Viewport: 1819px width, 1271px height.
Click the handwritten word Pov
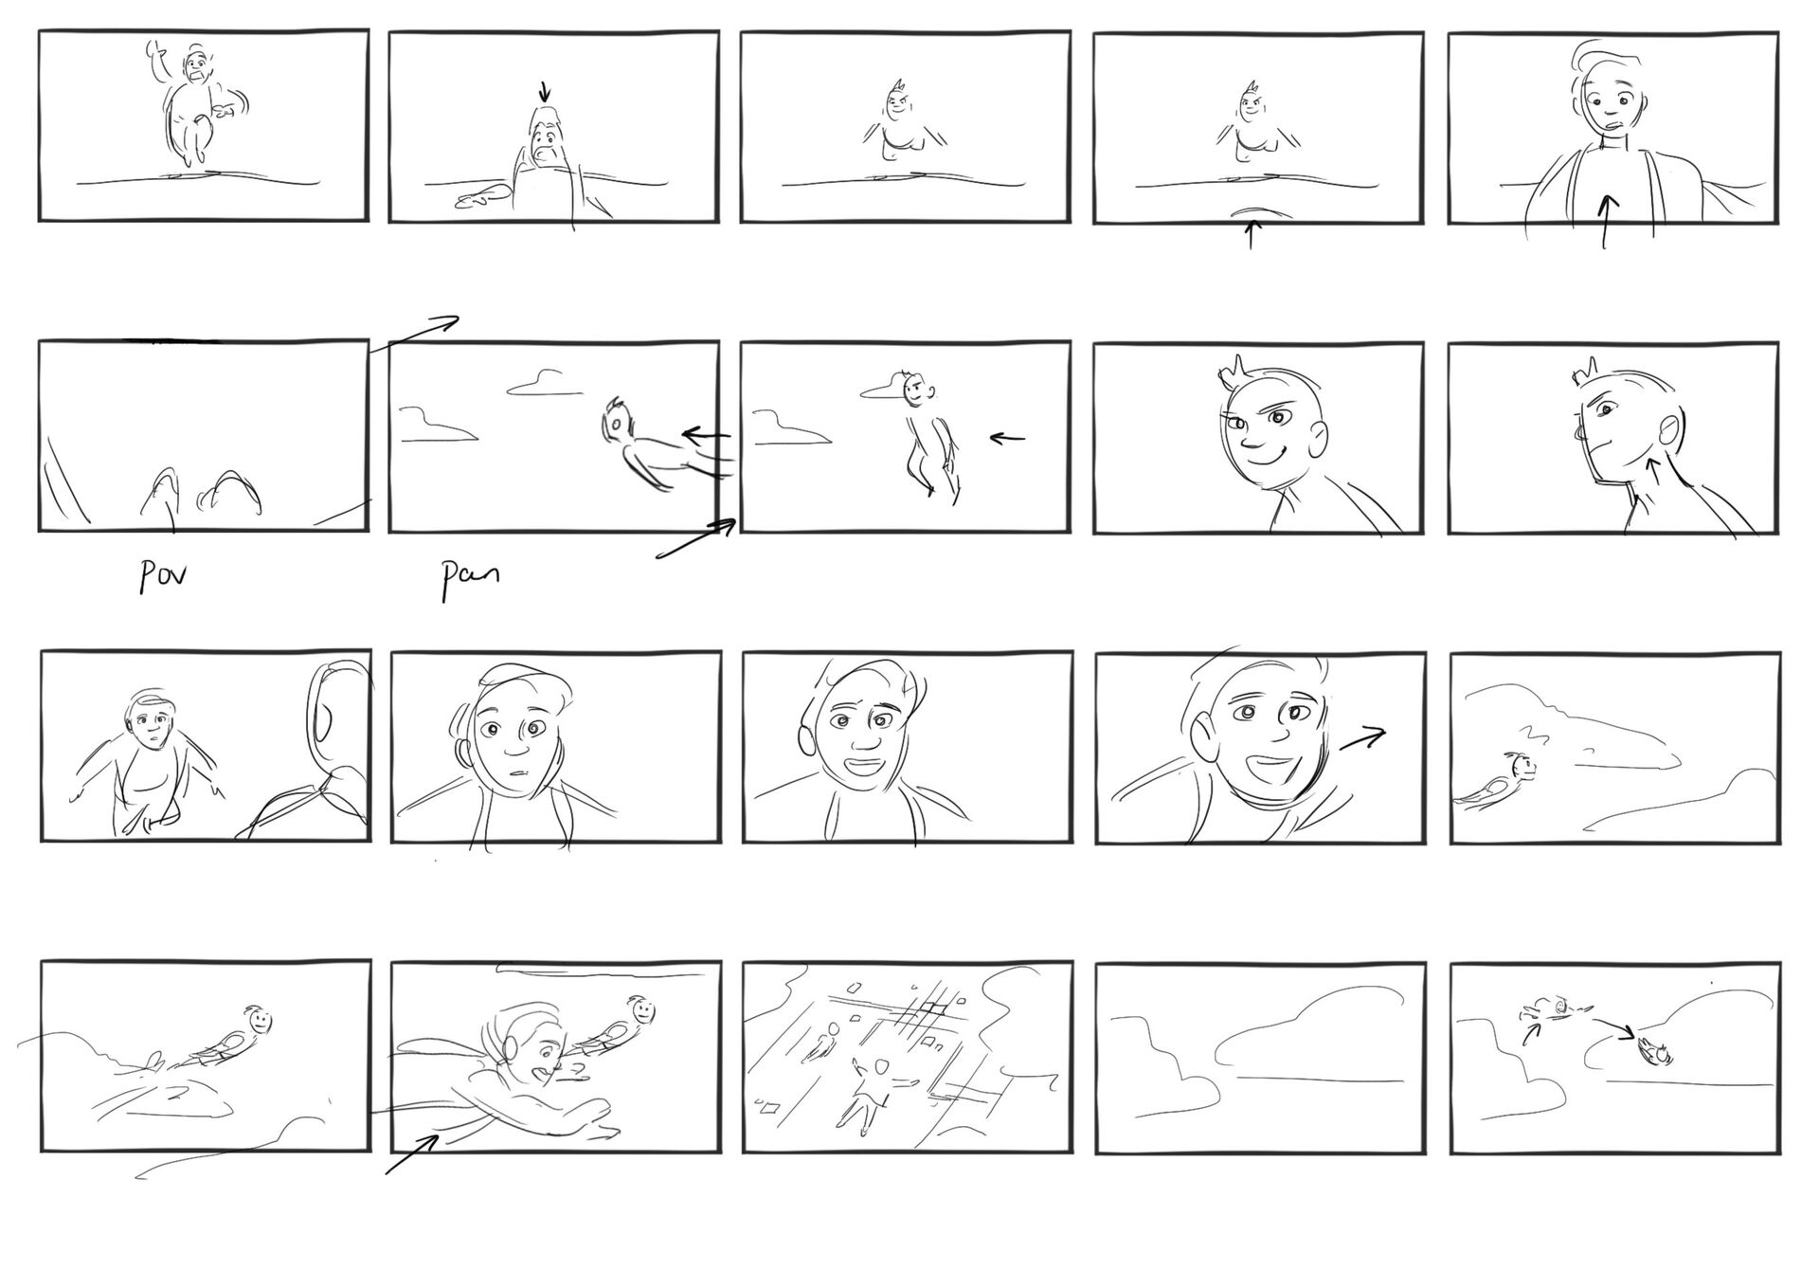click(x=162, y=575)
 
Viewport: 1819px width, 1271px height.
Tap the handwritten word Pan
click(x=469, y=578)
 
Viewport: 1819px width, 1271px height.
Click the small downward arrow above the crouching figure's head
click(x=544, y=91)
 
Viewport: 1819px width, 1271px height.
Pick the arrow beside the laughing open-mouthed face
click(x=1362, y=738)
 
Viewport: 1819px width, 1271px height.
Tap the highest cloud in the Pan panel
click(x=545, y=383)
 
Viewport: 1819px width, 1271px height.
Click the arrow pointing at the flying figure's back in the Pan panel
click(x=706, y=436)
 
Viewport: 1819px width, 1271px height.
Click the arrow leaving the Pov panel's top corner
click(x=414, y=335)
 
